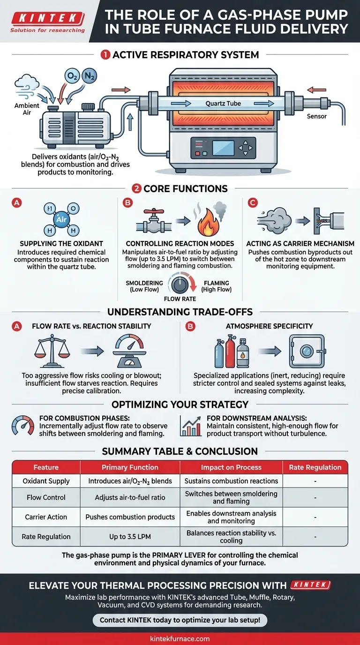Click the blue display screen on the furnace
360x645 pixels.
(x=224, y=148)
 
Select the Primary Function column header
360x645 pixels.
(x=130, y=467)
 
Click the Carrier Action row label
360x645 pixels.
(x=46, y=517)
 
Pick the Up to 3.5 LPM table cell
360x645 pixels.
(x=130, y=537)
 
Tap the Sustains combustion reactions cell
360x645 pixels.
(x=231, y=481)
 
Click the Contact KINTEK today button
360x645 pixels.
(x=180, y=620)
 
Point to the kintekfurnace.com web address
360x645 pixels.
(x=180, y=638)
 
